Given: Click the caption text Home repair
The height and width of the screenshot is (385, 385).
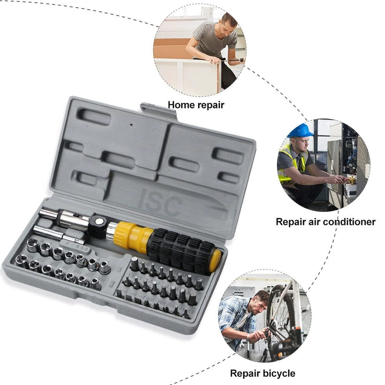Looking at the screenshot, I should click(x=195, y=105).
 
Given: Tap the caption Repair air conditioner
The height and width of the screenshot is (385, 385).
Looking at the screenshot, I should click(x=325, y=222).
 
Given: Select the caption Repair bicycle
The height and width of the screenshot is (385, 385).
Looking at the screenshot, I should click(x=262, y=373).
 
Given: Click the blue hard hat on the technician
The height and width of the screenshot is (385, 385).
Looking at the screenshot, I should click(x=300, y=130).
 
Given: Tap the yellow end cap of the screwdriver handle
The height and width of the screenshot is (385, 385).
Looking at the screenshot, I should click(x=216, y=260).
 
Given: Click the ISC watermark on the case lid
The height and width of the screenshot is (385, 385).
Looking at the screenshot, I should click(x=160, y=202).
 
